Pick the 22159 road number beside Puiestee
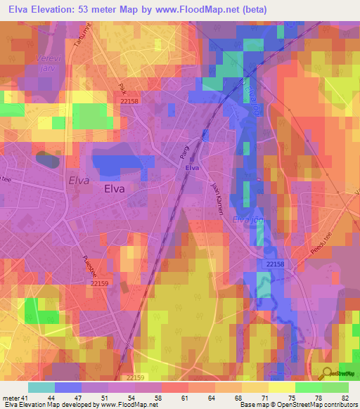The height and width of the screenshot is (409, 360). [x=100, y=283]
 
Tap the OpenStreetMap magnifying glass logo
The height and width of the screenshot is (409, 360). [x=326, y=374]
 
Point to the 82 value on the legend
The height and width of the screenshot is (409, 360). [x=345, y=398]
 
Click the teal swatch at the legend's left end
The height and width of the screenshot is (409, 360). [x=41, y=387]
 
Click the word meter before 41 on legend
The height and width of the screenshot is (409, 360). [x=12, y=398]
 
